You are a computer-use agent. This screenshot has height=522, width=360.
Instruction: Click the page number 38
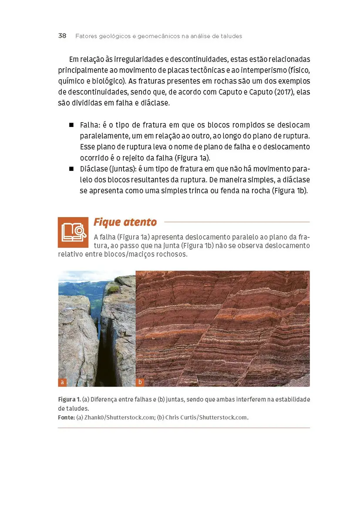(x=62, y=36)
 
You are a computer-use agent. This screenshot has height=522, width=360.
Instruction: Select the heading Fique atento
(x=125, y=222)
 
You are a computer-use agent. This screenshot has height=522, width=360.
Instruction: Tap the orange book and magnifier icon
(x=73, y=232)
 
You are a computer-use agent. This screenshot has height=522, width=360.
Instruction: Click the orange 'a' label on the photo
(x=62, y=382)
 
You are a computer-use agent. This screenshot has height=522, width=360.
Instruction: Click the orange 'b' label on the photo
(x=140, y=382)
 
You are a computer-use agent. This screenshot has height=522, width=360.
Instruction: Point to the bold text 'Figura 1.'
(x=69, y=399)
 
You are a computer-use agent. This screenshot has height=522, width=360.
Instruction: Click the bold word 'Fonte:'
(x=67, y=418)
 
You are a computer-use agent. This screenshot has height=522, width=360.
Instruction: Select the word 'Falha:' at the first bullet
(x=90, y=125)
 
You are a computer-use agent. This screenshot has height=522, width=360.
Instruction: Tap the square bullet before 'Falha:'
(x=71, y=125)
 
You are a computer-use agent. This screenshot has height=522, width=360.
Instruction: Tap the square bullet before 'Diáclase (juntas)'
(x=71, y=169)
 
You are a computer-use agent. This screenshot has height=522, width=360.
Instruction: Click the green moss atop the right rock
(x=113, y=288)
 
